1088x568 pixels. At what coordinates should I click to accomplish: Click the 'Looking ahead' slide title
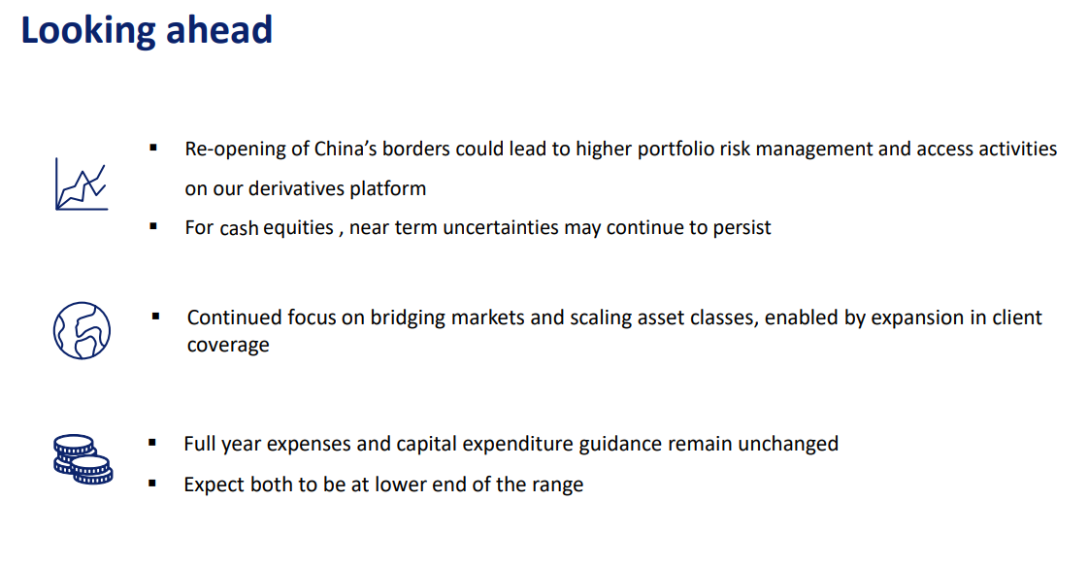click(147, 31)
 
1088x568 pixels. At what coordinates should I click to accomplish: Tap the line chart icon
click(82, 184)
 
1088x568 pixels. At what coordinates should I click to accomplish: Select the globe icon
click(82, 330)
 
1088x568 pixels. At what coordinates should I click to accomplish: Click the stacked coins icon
click(83, 459)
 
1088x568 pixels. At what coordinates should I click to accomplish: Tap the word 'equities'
click(298, 228)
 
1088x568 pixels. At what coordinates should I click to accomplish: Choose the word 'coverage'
click(228, 346)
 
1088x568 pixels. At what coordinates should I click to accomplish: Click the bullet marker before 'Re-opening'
click(153, 148)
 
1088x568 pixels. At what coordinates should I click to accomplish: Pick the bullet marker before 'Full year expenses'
click(152, 443)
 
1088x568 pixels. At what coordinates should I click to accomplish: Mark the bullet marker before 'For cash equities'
click(153, 225)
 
